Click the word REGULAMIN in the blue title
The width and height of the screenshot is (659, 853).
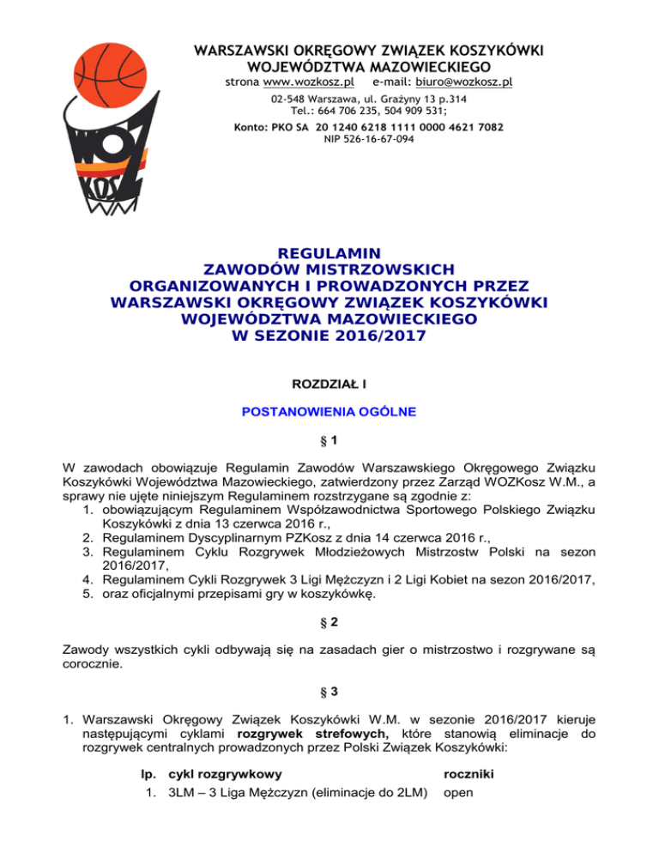tap(329, 254)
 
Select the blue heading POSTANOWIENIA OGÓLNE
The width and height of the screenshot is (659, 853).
tap(329, 412)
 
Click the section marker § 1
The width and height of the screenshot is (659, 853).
tap(329, 443)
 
